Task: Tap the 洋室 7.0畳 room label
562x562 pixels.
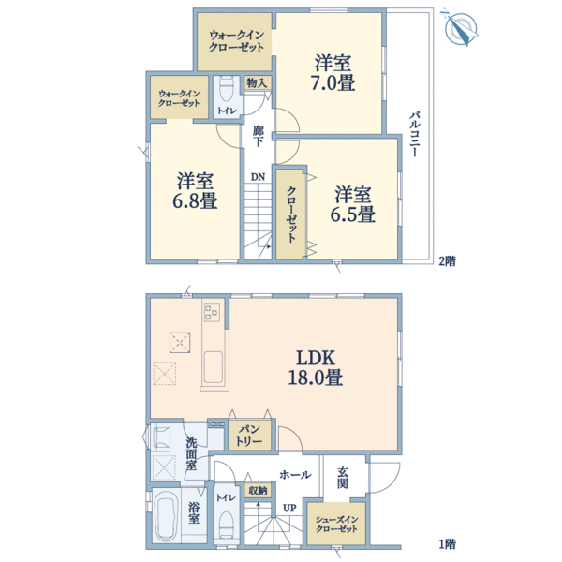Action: pos(333,74)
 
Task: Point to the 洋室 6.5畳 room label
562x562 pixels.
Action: pos(354,204)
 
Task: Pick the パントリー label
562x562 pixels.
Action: pos(249,434)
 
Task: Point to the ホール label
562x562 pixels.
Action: pos(295,475)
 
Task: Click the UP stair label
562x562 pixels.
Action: pos(289,508)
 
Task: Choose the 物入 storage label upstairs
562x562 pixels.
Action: pos(257,83)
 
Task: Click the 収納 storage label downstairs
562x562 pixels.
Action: pos(258,490)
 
